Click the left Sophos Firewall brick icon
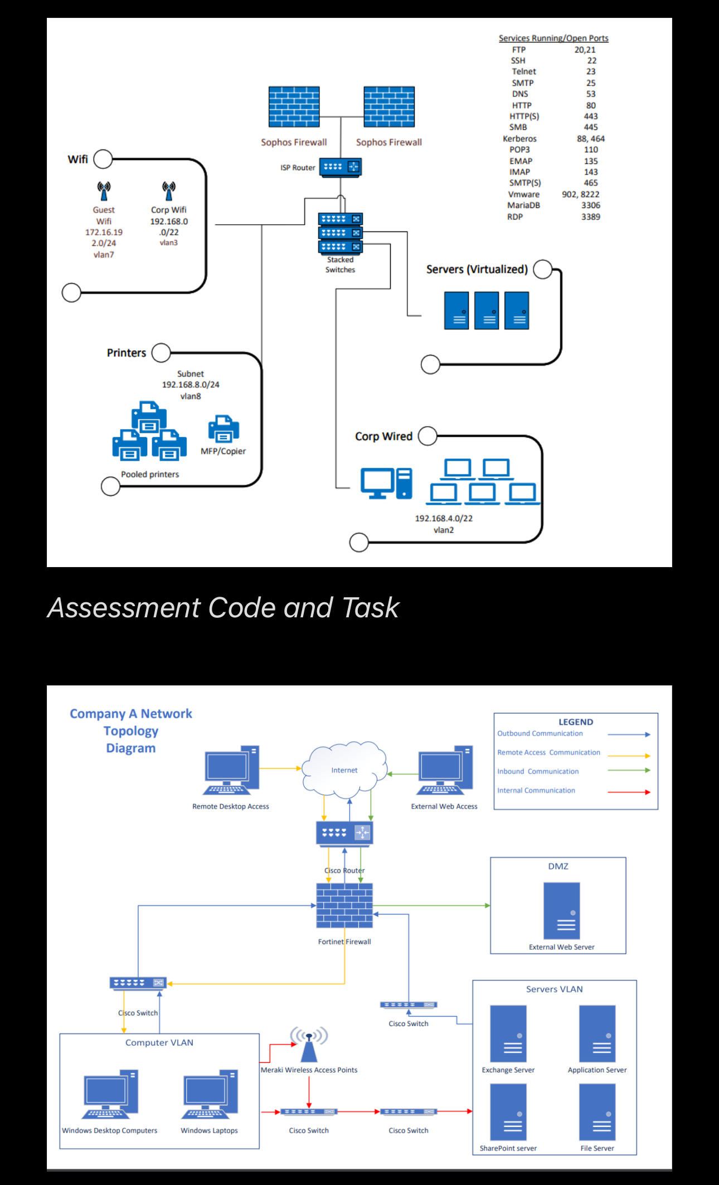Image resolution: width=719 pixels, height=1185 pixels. point(294,107)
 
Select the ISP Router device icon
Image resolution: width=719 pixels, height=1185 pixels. point(340,167)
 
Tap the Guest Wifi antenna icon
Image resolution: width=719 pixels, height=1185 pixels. point(104,191)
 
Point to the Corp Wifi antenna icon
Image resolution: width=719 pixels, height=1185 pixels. point(169,191)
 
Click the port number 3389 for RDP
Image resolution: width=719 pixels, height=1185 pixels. point(590,216)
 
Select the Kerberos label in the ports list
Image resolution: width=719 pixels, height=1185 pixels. point(519,139)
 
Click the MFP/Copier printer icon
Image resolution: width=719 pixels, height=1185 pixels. point(224,429)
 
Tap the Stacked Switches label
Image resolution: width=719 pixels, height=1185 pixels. point(340,265)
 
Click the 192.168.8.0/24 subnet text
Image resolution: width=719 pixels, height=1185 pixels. point(191,385)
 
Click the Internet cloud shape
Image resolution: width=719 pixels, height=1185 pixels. point(344,770)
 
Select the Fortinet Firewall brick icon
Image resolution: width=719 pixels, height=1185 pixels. point(344,905)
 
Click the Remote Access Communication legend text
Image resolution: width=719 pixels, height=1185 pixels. point(548,752)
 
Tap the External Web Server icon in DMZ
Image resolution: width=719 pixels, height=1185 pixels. point(561,911)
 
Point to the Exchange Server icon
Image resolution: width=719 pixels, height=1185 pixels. point(508,1033)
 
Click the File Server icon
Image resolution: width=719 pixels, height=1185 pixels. point(597,1111)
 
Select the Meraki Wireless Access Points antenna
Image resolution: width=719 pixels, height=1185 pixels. point(309,1044)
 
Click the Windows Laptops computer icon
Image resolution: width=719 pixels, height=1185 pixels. point(210,1094)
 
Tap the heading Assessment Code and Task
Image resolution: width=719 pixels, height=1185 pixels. point(223,607)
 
